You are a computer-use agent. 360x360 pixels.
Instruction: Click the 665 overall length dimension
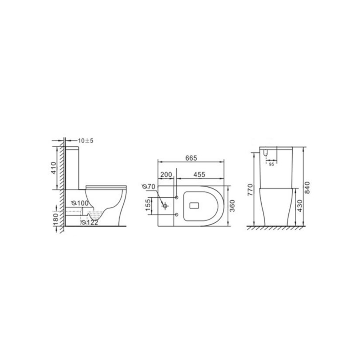[x=191, y=158]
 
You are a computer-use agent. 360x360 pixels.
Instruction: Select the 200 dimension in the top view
[x=166, y=175]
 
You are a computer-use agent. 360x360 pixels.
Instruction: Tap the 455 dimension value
[x=199, y=175]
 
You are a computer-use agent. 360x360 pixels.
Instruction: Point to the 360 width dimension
[x=232, y=206]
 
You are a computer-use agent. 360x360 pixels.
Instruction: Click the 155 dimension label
[x=149, y=205]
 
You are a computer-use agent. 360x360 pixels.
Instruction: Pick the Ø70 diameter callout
[x=149, y=187]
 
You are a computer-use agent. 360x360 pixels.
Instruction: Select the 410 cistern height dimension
[x=54, y=168]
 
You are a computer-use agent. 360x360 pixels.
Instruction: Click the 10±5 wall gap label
[x=86, y=141]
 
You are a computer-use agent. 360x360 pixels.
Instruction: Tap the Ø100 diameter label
[x=80, y=203]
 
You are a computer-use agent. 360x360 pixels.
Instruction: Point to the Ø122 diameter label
[x=90, y=222]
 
